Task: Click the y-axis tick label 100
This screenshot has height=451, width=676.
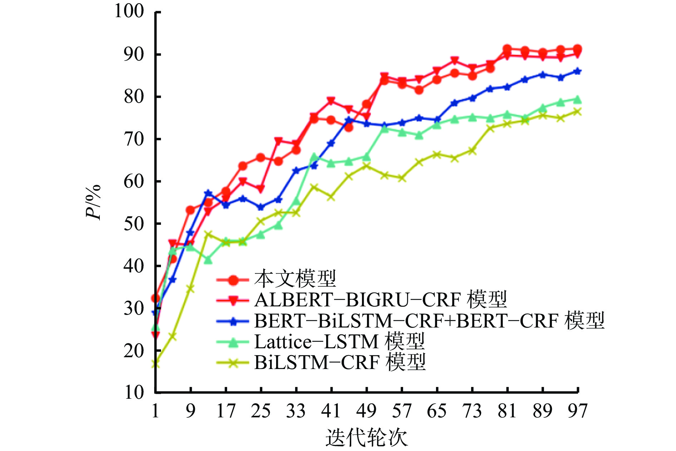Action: [129, 11]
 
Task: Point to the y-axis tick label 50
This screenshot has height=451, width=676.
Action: [134, 224]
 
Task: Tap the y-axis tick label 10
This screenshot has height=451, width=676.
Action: [134, 393]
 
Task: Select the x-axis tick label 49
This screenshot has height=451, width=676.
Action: [366, 411]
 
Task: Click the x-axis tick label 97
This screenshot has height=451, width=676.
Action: [578, 411]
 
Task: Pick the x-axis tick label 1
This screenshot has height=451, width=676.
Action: [155, 411]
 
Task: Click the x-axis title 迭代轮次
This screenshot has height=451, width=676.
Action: [367, 437]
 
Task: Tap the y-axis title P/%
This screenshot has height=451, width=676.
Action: [93, 202]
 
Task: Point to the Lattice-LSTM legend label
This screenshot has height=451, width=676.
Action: [339, 341]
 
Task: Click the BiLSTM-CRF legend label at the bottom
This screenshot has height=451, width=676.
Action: [340, 363]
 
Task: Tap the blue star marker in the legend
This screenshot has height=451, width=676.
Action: [233, 321]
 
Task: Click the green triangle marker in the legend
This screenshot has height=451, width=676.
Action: [233, 343]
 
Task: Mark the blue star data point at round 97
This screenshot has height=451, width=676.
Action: [577, 71]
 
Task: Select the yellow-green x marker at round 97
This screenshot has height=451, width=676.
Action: [577, 112]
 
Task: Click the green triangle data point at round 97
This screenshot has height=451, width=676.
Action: [577, 100]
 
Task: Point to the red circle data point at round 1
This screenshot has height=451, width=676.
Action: [155, 298]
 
